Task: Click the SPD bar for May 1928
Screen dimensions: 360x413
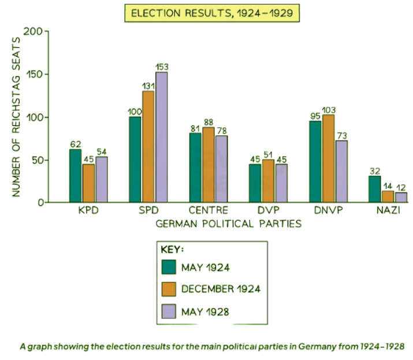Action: pyautogui.click(x=161, y=138)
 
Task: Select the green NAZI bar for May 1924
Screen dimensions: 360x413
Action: pyautogui.click(x=375, y=189)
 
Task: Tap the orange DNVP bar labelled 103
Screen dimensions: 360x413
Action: pyautogui.click(x=328, y=159)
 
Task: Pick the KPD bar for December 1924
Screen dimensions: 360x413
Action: pyautogui.click(x=88, y=183)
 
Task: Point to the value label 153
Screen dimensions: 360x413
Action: pyautogui.click(x=161, y=66)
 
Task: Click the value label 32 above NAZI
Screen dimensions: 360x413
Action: pyautogui.click(x=375, y=170)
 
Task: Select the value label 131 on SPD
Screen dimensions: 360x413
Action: pyautogui.click(x=148, y=86)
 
